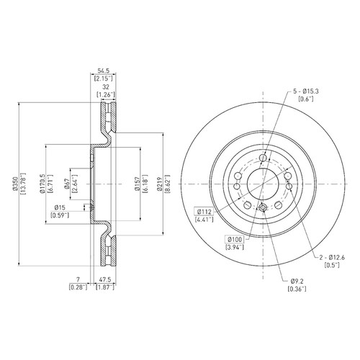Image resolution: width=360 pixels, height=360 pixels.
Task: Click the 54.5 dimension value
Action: [104, 71]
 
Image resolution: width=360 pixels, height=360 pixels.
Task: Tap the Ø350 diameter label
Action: [16, 184]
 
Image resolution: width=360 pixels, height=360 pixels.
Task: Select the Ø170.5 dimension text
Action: [42, 184]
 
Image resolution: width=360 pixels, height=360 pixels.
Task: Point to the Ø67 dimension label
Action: [67, 184]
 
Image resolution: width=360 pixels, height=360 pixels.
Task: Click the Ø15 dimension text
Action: [60, 207]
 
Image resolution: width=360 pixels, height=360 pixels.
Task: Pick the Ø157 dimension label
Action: [138, 184]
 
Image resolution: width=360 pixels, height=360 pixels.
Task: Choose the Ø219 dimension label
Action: [160, 184]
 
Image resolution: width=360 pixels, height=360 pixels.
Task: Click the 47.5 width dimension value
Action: [105, 279]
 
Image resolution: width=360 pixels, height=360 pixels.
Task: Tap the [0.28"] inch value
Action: [78, 287]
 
